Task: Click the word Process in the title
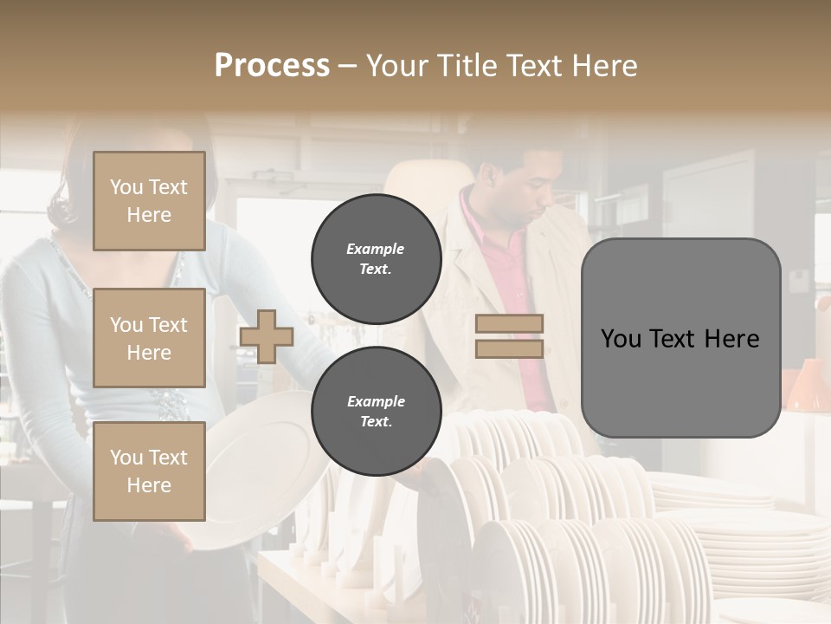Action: click(272, 66)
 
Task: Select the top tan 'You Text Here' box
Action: click(149, 201)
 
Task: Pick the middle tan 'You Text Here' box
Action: click(149, 338)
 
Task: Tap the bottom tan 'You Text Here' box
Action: click(149, 471)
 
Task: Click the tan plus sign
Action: click(267, 336)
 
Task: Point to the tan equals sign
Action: click(509, 336)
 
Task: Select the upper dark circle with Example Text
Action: click(376, 259)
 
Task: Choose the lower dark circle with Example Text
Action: click(376, 412)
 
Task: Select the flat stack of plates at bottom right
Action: click(762, 546)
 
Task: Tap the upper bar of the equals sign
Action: click(509, 324)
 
